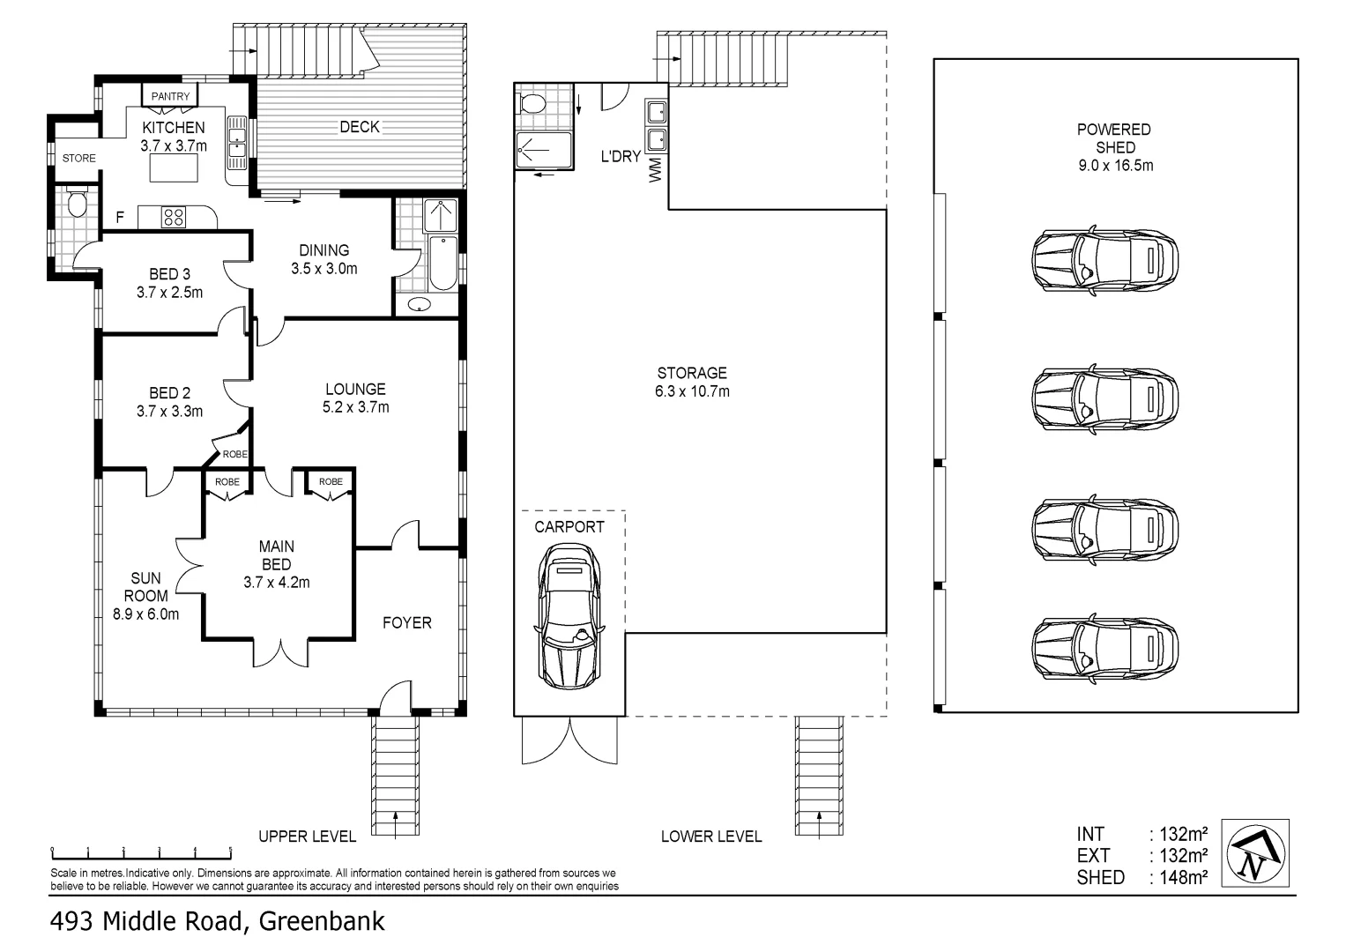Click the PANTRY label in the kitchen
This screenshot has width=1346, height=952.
[170, 96]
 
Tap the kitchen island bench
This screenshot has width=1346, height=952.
[173, 167]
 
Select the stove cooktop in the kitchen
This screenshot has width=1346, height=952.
[173, 217]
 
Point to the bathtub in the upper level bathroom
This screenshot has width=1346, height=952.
[442, 262]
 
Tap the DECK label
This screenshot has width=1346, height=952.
[360, 127]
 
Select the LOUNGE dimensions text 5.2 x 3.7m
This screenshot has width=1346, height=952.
[355, 407]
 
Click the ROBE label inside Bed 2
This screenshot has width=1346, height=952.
[234, 454]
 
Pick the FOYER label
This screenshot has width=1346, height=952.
[406, 622]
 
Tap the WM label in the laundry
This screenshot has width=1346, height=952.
[655, 169]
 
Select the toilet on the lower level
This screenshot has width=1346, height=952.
[533, 103]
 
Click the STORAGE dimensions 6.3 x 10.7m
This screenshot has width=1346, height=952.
[692, 391]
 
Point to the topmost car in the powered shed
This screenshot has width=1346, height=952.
[1104, 260]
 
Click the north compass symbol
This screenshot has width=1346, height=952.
[1258, 852]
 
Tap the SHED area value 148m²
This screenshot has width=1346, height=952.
[1179, 877]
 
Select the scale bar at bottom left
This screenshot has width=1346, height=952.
[141, 852]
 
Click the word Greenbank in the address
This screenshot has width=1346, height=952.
[322, 922]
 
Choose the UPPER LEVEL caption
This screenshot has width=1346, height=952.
[307, 837]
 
